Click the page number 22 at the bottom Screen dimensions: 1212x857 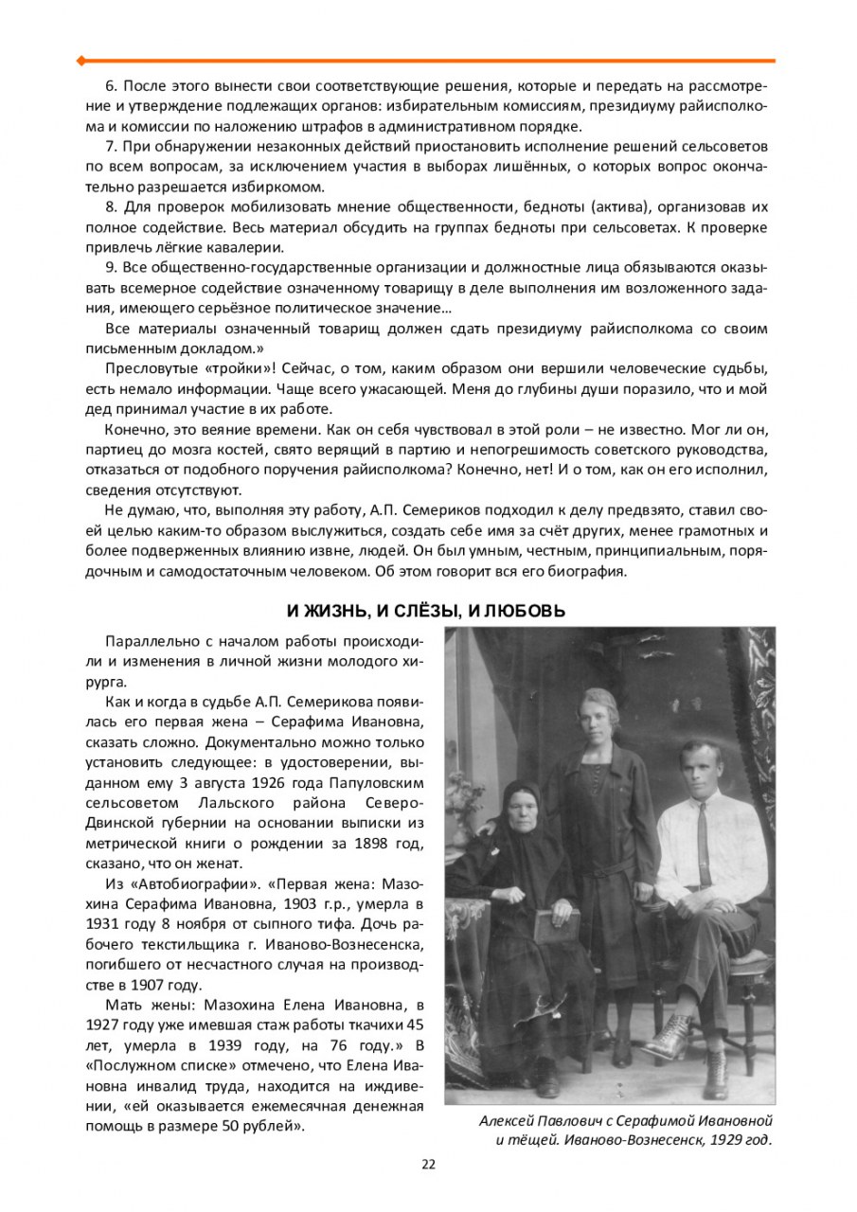(428, 1164)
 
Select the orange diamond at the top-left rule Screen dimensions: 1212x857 (81, 61)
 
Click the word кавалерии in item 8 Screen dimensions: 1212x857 (250, 247)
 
